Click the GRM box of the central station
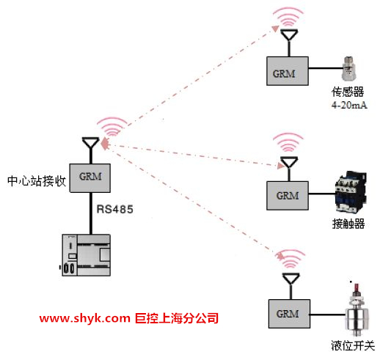coord(90,178)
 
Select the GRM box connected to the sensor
coord(288,71)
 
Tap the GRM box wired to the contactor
coord(288,196)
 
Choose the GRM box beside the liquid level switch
coord(289,314)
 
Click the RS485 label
coord(114,209)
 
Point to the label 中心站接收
coord(37,181)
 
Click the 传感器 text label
coord(348,92)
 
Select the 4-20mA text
coord(349,105)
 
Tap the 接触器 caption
coord(348,224)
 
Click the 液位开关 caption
coord(353,345)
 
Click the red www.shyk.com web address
coord(85,318)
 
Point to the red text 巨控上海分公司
coord(177,318)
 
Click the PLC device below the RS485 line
coord(86,255)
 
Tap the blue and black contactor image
coord(351,192)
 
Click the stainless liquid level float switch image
coord(357,309)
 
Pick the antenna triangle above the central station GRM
coord(91,143)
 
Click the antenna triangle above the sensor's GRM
coord(289,34)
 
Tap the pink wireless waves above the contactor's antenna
coord(288,142)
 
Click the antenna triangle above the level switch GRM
coord(290,279)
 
